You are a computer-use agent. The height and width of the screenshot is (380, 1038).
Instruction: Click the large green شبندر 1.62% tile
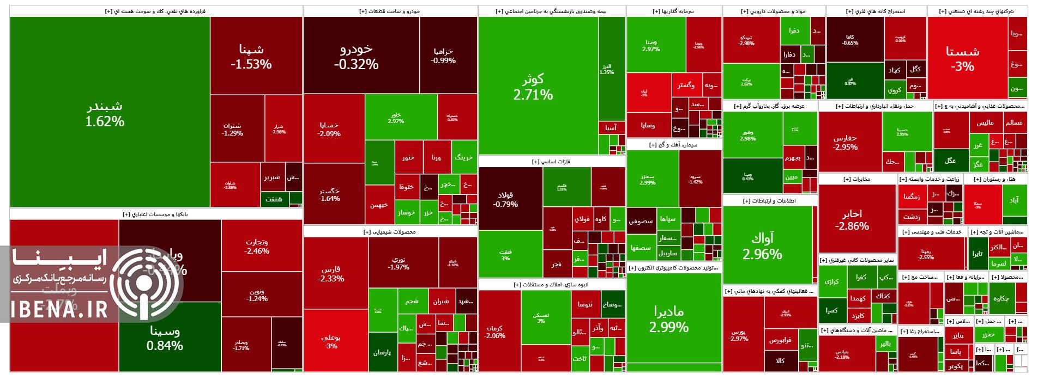coord(105,113)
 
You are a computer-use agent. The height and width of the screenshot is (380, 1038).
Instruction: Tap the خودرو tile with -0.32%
coord(356,56)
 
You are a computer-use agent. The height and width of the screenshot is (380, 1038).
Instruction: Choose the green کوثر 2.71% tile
coord(533,87)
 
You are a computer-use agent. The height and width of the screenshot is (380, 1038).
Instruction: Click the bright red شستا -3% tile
coord(963,58)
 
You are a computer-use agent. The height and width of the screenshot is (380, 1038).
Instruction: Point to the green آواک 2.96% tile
coord(762,246)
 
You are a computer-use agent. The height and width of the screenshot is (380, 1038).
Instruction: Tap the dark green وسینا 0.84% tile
coord(165,338)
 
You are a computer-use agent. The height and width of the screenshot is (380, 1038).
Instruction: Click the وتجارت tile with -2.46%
coord(257,246)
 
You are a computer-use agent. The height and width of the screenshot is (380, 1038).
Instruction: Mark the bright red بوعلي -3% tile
coord(330,341)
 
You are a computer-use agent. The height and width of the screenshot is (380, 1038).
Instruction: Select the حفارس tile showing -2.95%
coord(846,143)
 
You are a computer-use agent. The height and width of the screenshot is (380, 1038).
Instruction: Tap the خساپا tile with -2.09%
coord(329,129)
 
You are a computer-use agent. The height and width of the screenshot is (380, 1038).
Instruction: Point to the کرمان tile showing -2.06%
coord(494,332)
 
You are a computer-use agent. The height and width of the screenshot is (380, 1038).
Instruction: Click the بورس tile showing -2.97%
coord(738,334)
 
